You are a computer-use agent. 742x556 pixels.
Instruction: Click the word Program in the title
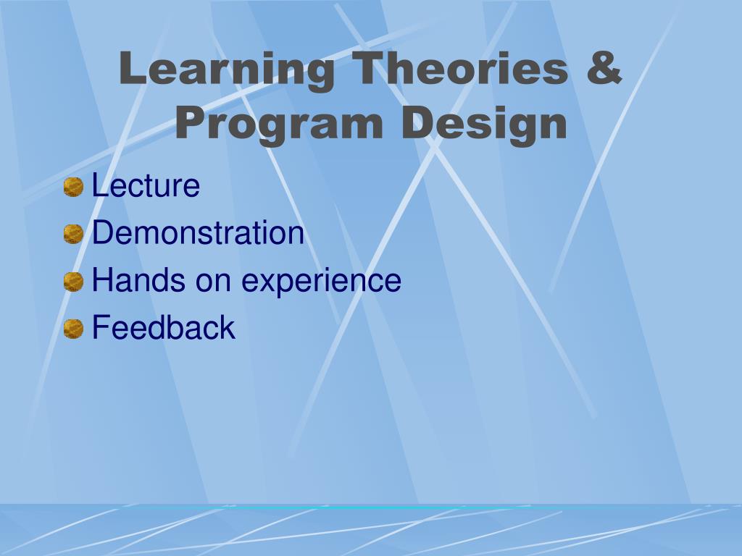pyautogui.click(x=279, y=125)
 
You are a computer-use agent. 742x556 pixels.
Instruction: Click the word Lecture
pyautogui.click(x=146, y=185)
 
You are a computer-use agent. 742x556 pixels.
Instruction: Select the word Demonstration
pyautogui.click(x=198, y=232)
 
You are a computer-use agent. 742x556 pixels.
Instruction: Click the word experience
pyautogui.click(x=321, y=282)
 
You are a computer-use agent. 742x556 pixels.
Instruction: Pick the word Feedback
pyautogui.click(x=163, y=327)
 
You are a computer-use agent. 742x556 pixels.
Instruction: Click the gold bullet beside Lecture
pyautogui.click(x=73, y=187)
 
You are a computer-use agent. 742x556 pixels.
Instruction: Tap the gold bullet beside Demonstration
pyautogui.click(x=73, y=234)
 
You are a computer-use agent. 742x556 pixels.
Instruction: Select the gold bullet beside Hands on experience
pyautogui.click(x=73, y=282)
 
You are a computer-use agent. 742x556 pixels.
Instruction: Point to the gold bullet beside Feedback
pyautogui.click(x=73, y=329)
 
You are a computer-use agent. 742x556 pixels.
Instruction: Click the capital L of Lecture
pyautogui.click(x=99, y=185)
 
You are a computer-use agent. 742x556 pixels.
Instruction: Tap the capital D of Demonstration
pyautogui.click(x=103, y=232)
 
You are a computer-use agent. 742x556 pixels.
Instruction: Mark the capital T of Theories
pyautogui.click(x=370, y=67)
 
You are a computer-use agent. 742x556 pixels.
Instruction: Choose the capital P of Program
pyautogui.click(x=193, y=122)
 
